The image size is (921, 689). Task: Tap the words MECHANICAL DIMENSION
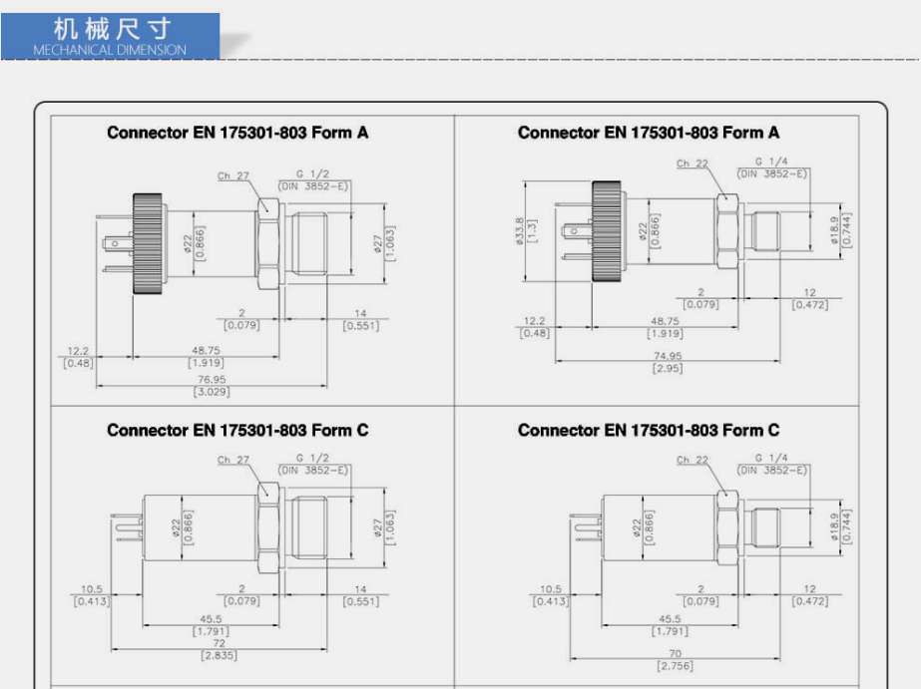point(110,49)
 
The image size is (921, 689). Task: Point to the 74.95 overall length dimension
point(668,356)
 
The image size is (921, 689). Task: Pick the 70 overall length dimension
point(674,653)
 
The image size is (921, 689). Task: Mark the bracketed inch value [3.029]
point(211,392)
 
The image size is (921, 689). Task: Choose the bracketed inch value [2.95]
point(668,369)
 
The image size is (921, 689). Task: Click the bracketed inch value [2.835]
point(219,655)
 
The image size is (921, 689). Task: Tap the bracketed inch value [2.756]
point(674,665)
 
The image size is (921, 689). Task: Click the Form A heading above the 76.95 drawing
point(237,133)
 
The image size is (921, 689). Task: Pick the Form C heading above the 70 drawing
point(649,430)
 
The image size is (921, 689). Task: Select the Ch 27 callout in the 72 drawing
point(233,460)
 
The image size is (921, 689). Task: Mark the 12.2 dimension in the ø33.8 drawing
point(535,320)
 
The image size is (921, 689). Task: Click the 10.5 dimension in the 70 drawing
point(551,589)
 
